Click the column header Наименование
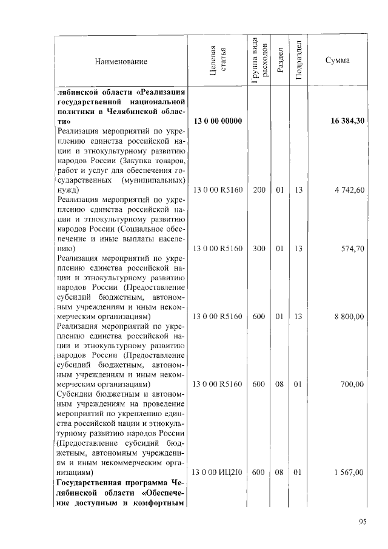tap(121, 61)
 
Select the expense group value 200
tap(259, 190)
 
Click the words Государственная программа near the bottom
tap(105, 482)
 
